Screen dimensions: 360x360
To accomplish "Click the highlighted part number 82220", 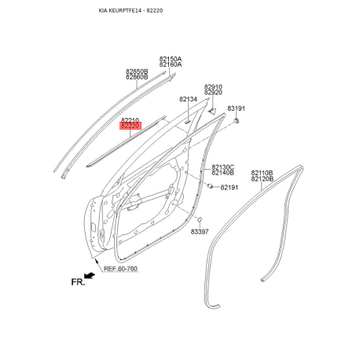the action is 130,126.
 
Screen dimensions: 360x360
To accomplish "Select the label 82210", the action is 130,120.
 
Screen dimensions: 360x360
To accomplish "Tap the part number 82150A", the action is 171,59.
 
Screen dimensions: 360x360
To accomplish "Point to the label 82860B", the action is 137,77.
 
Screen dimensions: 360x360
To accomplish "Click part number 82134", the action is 188,99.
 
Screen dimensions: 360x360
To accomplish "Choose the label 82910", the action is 213,86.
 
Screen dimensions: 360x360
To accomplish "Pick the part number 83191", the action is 236,108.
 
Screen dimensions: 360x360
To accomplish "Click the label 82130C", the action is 223,167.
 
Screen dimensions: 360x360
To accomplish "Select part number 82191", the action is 230,187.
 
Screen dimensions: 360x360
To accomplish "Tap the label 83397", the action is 200,232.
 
